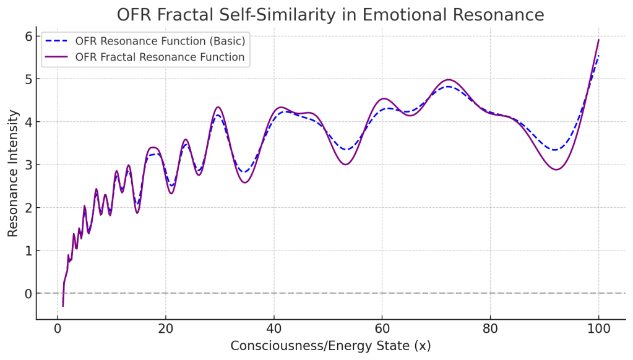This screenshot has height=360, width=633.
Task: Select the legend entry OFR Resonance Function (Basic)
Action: point(160,41)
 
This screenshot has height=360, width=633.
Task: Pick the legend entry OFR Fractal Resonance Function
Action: point(160,58)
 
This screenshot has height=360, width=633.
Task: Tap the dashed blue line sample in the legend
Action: point(57,41)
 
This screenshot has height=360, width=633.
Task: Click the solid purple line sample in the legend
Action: point(57,58)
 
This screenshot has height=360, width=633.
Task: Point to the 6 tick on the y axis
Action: point(28,36)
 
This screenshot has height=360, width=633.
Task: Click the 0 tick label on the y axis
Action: point(28,293)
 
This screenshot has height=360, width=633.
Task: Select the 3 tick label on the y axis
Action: point(28,165)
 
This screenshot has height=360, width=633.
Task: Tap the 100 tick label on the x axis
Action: point(598,328)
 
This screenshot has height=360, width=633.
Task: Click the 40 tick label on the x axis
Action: point(273,328)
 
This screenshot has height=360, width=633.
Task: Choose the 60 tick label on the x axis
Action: point(382,328)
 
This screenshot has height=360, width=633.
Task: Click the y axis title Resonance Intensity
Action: point(13,173)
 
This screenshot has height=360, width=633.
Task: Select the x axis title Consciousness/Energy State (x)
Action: point(330,346)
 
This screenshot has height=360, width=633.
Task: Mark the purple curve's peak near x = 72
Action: point(449,80)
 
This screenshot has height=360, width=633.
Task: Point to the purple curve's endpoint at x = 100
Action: point(598,40)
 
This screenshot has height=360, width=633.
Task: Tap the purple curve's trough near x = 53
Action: point(345,164)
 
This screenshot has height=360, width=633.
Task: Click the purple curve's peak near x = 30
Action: point(217,107)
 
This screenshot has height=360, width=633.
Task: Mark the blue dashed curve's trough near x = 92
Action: point(555,150)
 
